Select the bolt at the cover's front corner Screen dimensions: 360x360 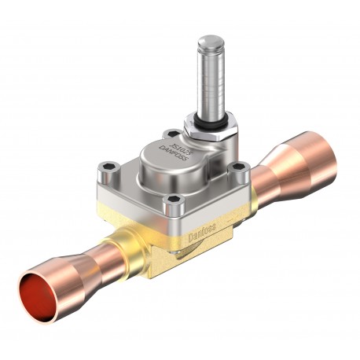pos(172,206)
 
